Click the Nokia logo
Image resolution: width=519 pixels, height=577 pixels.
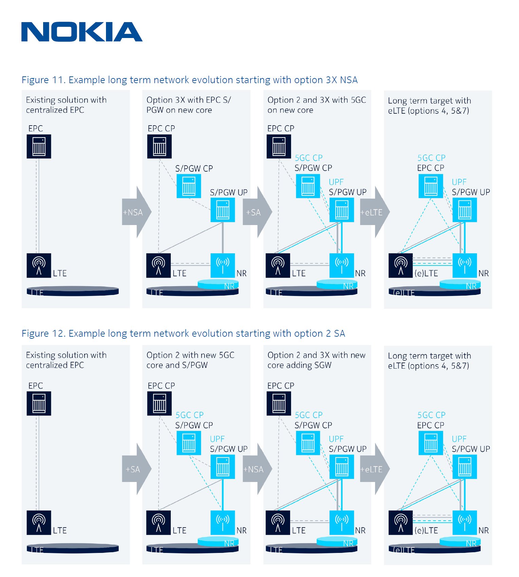coord(82,32)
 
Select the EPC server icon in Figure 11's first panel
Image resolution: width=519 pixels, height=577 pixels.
coord(39,146)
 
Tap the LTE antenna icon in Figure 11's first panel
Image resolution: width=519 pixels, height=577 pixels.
coord(39,265)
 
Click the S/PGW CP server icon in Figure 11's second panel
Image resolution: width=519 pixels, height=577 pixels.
coord(189,186)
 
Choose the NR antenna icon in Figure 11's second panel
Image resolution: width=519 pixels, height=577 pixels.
coord(222,265)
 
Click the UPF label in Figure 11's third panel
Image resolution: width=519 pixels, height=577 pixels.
coord(336,182)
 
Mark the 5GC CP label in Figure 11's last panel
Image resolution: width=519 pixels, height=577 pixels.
coord(431,158)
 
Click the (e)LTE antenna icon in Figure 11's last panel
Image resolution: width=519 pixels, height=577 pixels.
coord(400,265)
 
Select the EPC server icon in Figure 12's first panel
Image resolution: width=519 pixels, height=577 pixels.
coord(39,403)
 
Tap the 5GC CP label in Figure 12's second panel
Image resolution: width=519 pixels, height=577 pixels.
coord(189,415)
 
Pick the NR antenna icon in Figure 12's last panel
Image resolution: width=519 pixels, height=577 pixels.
coord(464,522)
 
